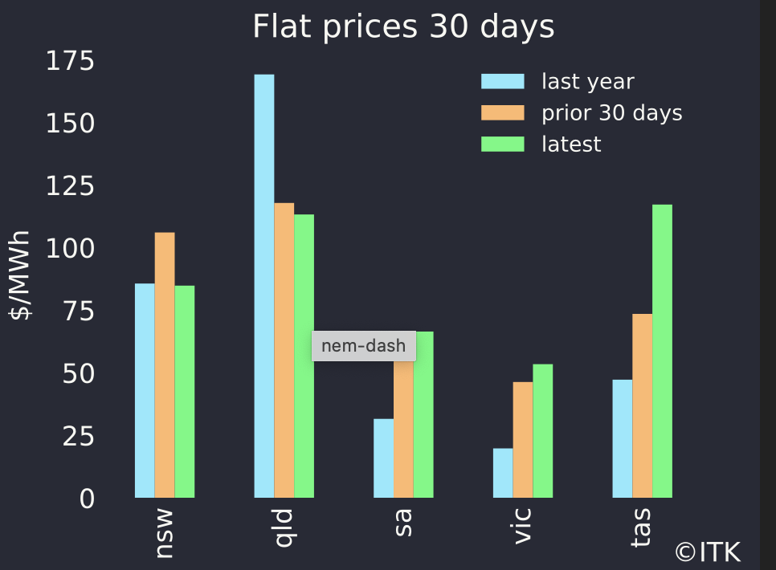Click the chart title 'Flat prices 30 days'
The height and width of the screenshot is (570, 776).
tap(403, 27)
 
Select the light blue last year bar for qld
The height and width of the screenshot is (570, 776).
tap(264, 286)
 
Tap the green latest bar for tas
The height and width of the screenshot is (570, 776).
tap(662, 351)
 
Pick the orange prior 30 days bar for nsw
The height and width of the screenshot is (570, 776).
tap(165, 364)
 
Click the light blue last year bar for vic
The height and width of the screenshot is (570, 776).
tap(503, 473)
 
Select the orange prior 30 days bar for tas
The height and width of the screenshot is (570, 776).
tap(642, 405)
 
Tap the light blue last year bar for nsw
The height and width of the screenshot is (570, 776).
tap(145, 390)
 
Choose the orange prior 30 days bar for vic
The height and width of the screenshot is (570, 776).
tap(523, 439)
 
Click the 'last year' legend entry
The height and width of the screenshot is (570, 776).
tap(587, 82)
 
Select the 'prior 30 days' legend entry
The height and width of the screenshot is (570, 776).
tap(611, 113)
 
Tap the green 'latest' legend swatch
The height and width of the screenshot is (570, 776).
tap(502, 145)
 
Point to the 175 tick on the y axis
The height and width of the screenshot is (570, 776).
tap(70, 61)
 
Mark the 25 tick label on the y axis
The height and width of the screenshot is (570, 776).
tap(79, 437)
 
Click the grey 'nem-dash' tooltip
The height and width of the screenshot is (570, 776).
tap(364, 346)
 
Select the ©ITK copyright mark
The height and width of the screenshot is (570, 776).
tap(708, 552)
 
